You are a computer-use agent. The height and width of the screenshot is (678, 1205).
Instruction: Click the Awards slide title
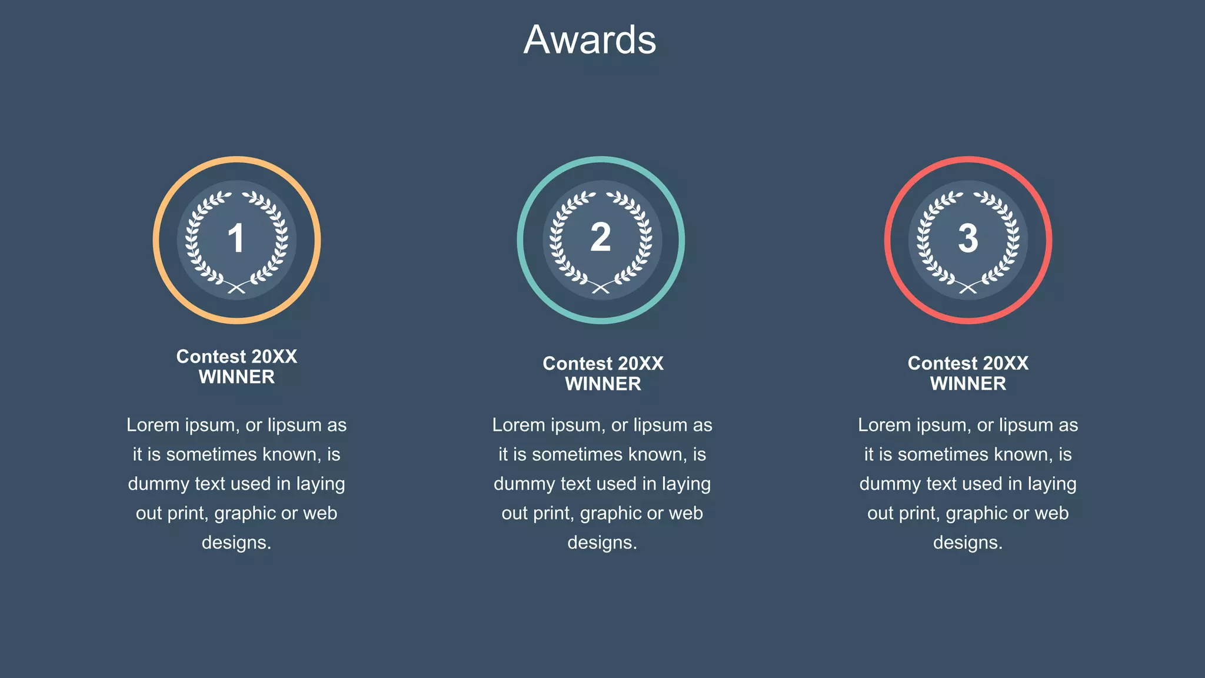click(x=590, y=40)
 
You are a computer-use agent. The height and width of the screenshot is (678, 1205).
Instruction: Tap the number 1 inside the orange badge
click(x=236, y=238)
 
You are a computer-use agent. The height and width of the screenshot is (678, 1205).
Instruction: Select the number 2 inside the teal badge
click(x=601, y=238)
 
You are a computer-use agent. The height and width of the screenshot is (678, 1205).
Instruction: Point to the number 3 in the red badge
click(x=968, y=238)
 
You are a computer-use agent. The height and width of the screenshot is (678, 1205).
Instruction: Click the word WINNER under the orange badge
click(x=237, y=377)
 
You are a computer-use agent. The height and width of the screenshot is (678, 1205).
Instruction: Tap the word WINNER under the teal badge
click(x=603, y=384)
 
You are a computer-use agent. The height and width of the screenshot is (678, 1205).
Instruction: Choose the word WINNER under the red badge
click(x=968, y=384)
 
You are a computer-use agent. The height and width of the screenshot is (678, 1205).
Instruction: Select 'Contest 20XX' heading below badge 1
click(x=237, y=357)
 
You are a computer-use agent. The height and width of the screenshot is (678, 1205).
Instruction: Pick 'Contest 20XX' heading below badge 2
click(x=603, y=364)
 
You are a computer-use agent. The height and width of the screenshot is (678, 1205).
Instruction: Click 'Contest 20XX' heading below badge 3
click(x=968, y=363)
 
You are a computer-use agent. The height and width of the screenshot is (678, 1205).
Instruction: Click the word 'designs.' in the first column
click(x=237, y=543)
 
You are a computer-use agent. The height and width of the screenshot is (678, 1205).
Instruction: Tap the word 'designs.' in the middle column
click(x=602, y=543)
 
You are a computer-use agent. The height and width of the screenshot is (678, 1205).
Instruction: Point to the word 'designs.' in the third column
click(x=968, y=543)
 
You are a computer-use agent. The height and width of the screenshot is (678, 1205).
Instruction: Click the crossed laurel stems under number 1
click(x=237, y=287)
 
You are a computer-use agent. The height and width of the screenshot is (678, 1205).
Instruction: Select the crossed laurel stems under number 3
click(x=968, y=287)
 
